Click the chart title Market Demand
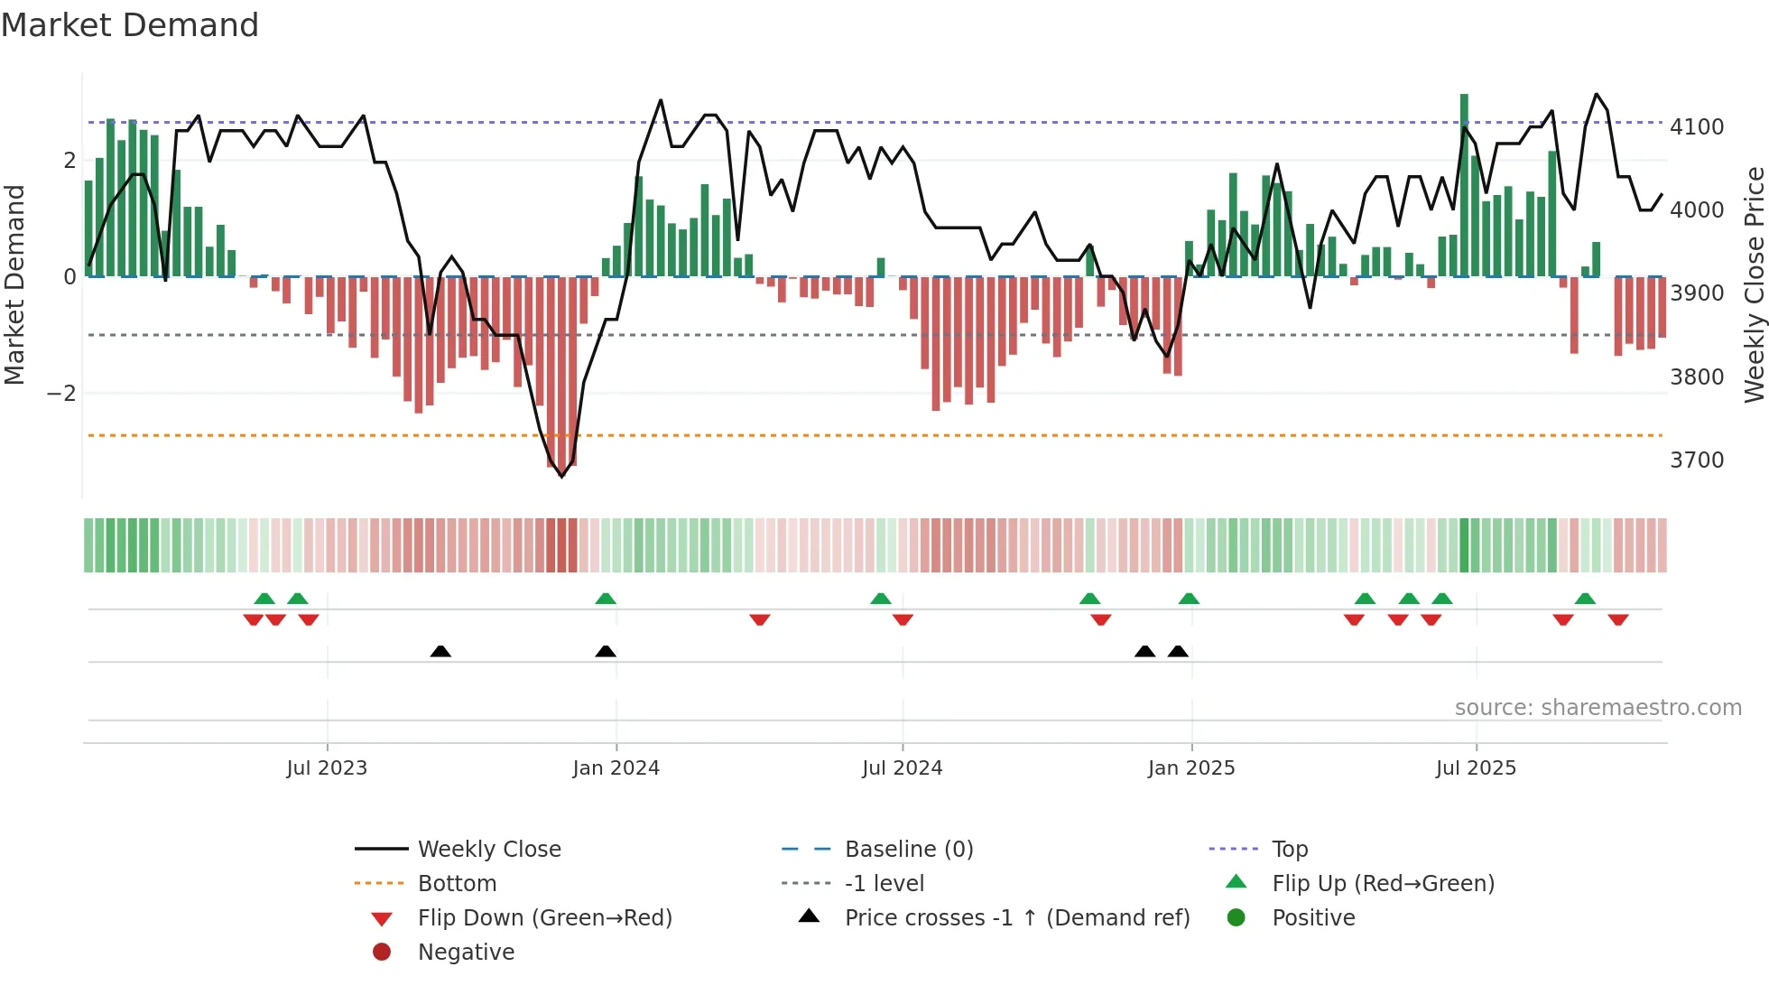pyautogui.click(x=130, y=25)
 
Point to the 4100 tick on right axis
pyautogui.click(x=1696, y=127)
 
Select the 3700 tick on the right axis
pyautogui.click(x=1696, y=460)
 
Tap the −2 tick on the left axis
pyautogui.click(x=61, y=394)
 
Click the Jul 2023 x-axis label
pyautogui.click(x=327, y=768)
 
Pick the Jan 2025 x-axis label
pyautogui.click(x=1190, y=768)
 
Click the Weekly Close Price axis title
pyautogui.click(x=1754, y=284)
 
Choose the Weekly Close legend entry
pyautogui.click(x=488, y=850)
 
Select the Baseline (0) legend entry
pyautogui.click(x=908, y=850)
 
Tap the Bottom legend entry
pyautogui.click(x=457, y=884)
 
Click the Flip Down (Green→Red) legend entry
pyautogui.click(x=544, y=918)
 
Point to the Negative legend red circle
pyautogui.click(x=382, y=953)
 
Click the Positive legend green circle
pyautogui.click(x=1236, y=918)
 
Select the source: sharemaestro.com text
pyautogui.click(x=1598, y=708)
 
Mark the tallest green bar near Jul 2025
pyautogui.click(x=1464, y=181)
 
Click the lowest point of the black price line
pyautogui.click(x=561, y=476)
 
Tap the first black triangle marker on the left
pyautogui.click(x=440, y=652)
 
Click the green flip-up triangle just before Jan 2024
pyautogui.click(x=606, y=599)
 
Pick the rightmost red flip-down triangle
pyautogui.click(x=1617, y=619)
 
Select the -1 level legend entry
pyautogui.click(x=884, y=884)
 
